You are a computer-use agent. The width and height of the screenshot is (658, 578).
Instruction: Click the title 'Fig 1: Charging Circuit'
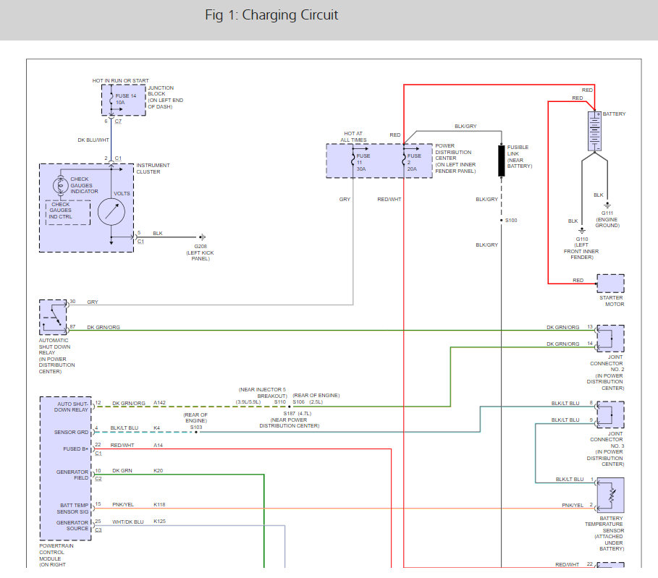coord(271,15)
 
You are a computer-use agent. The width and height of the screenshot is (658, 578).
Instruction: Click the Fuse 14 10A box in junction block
coord(119,99)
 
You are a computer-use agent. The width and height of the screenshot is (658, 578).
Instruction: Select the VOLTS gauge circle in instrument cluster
coord(111,211)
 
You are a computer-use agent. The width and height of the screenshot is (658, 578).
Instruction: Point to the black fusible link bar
coord(501,161)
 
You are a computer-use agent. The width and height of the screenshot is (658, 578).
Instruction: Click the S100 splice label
coord(511,220)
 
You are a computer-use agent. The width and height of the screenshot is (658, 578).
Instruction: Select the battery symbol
coord(594,130)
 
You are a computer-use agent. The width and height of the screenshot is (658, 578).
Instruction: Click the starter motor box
coord(610,283)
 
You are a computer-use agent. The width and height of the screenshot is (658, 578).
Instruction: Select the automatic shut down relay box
coord(53,317)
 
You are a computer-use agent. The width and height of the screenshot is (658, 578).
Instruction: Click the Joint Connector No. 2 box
coord(610,339)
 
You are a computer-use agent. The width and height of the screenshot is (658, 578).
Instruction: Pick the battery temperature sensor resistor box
coord(610,496)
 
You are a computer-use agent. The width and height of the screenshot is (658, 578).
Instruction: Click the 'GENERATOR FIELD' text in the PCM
coord(72,475)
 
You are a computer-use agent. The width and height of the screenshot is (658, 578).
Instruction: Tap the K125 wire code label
coord(159,521)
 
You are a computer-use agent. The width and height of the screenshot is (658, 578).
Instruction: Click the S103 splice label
coord(196,428)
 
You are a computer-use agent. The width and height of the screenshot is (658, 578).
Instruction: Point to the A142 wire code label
coord(160,403)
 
